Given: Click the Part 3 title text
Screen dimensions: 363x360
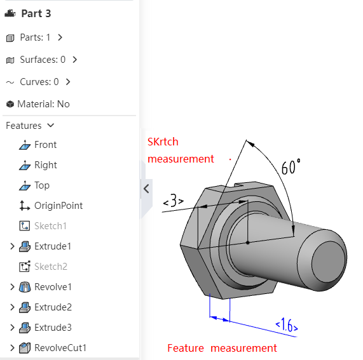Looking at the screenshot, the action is point(36,13).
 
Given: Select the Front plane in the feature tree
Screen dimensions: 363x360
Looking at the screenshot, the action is point(45,145).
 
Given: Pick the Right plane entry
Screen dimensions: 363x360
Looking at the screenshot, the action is point(46,165).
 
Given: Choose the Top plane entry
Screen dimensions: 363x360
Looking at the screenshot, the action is point(42,185).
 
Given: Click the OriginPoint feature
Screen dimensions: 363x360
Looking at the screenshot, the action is point(58,206).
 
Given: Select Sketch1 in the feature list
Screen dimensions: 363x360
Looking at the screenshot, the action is point(50,226).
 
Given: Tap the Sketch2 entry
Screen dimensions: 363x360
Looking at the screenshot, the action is point(51,267).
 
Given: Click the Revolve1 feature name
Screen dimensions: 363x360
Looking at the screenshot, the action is point(53,287).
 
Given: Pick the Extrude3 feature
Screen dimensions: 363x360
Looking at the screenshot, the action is point(53,328).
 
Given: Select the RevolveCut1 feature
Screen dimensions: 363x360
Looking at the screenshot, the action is point(60,348).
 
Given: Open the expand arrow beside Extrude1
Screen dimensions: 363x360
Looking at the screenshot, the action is point(12,246).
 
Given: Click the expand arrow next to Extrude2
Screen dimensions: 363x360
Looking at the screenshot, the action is point(12,307).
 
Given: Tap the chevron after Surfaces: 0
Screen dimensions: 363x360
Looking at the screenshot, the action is point(74,60).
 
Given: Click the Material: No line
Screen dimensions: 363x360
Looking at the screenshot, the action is point(43,104).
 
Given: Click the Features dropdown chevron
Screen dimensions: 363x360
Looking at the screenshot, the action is point(50,125).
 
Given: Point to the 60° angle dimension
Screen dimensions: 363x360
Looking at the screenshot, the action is point(291,166).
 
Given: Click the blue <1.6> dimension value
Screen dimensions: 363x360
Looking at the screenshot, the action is point(287,325).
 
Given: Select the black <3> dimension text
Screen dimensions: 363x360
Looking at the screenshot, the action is point(174,201).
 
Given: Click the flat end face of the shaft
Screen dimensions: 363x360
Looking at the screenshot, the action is point(328,262).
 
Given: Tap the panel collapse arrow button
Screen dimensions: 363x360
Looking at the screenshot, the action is point(146,189).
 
